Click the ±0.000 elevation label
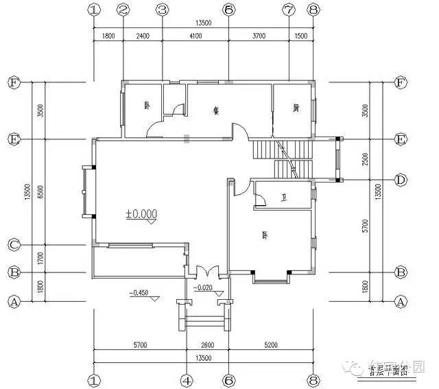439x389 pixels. [141, 213]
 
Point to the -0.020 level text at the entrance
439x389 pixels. [204, 288]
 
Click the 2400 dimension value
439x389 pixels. [142, 35]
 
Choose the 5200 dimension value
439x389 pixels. [270, 346]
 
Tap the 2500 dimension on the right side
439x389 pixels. [366, 159]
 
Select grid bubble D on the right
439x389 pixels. [401, 180]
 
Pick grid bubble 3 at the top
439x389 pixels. [162, 10]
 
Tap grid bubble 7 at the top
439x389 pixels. [289, 10]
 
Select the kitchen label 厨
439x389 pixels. [296, 107]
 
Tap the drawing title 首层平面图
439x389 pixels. [388, 371]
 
